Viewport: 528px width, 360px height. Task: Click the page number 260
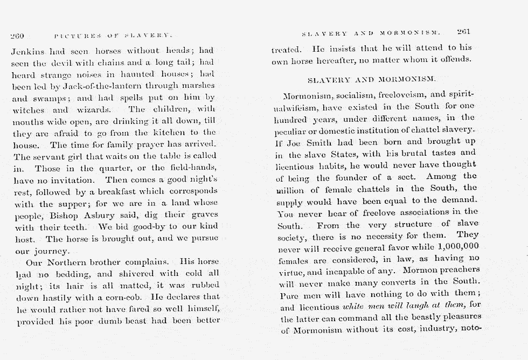click(x=17, y=36)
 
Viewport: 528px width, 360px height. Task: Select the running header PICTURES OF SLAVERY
click(x=113, y=36)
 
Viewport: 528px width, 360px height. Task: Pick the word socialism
click(x=358, y=95)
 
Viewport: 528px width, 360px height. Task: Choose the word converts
click(x=386, y=282)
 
